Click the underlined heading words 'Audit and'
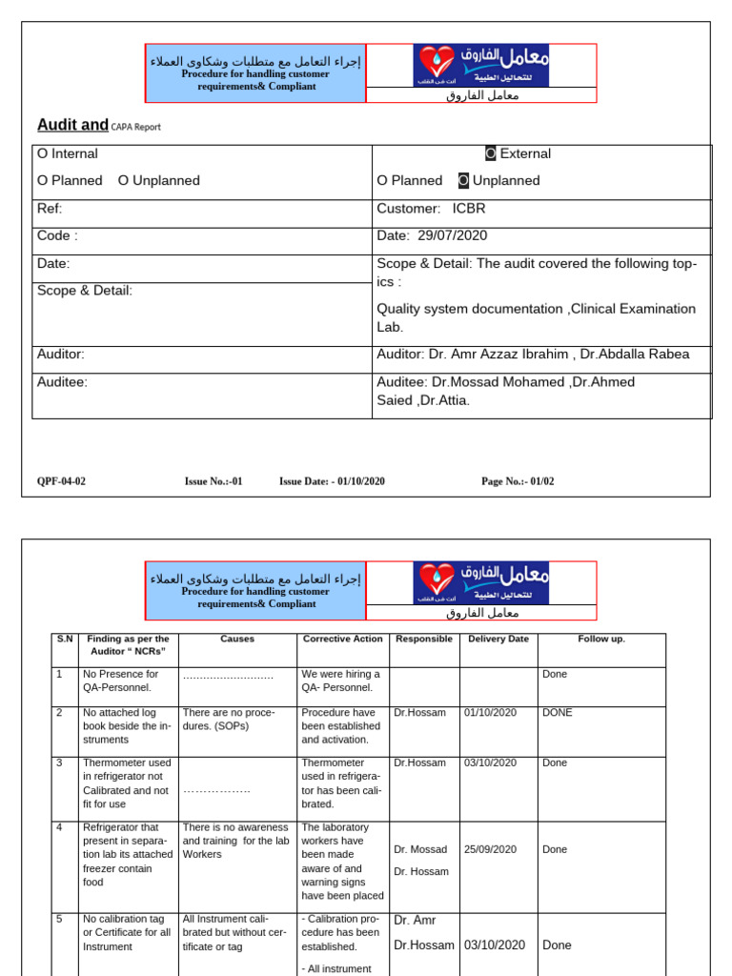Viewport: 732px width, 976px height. pos(72,125)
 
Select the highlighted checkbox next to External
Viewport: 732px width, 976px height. pos(490,153)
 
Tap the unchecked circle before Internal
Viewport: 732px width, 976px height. pos(42,153)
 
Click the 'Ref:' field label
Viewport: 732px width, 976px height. pos(50,209)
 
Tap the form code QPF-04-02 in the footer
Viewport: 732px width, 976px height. pos(61,481)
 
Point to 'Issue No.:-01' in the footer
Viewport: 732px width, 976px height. pos(213,481)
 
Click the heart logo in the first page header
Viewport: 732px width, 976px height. pos(434,64)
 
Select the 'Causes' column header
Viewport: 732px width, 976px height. pos(237,640)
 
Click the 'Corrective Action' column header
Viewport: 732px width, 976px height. pos(342,640)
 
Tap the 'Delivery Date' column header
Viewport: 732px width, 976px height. pos(498,640)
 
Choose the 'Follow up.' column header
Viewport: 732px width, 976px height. pos(601,640)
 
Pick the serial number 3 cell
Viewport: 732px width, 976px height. pos(59,762)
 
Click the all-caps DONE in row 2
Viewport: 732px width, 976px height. pos(558,713)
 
